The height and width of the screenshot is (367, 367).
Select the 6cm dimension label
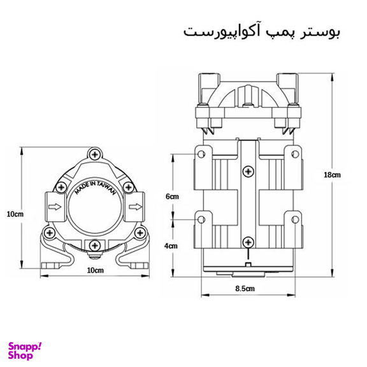click(172, 197)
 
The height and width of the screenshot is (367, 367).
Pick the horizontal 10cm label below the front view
click(95, 271)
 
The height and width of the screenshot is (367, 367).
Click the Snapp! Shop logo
click(25, 350)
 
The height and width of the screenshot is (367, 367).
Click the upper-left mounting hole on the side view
click(201, 154)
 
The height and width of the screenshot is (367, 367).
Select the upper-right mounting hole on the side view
click(293, 154)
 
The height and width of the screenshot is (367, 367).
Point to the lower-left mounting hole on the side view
click(201, 219)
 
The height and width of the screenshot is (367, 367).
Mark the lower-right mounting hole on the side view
click(293, 219)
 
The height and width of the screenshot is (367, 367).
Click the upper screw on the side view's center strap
click(247, 170)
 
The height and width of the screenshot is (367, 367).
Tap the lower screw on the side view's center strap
click(247, 240)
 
